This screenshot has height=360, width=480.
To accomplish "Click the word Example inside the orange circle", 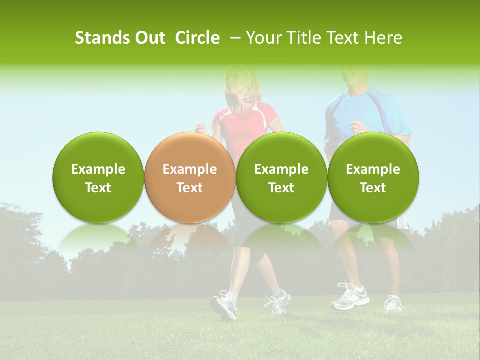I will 189,169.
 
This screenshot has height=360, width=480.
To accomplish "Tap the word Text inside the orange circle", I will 189,188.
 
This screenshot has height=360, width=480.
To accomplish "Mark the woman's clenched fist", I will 201,128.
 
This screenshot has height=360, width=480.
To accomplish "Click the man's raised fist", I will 358,126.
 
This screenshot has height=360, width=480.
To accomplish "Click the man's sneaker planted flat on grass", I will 350,297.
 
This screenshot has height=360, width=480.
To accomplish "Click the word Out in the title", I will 149,38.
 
